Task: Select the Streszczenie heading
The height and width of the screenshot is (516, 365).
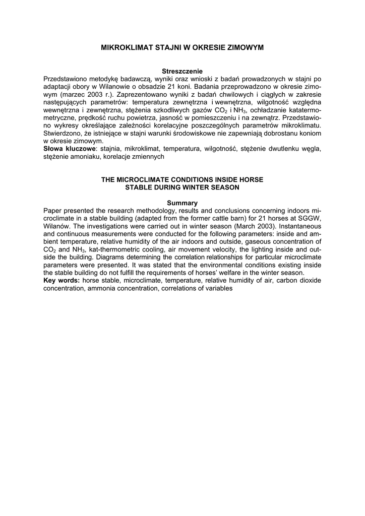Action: tap(182, 71)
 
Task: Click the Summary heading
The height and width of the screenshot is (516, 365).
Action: tap(182, 203)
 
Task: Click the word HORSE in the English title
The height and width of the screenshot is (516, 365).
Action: tap(250, 179)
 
